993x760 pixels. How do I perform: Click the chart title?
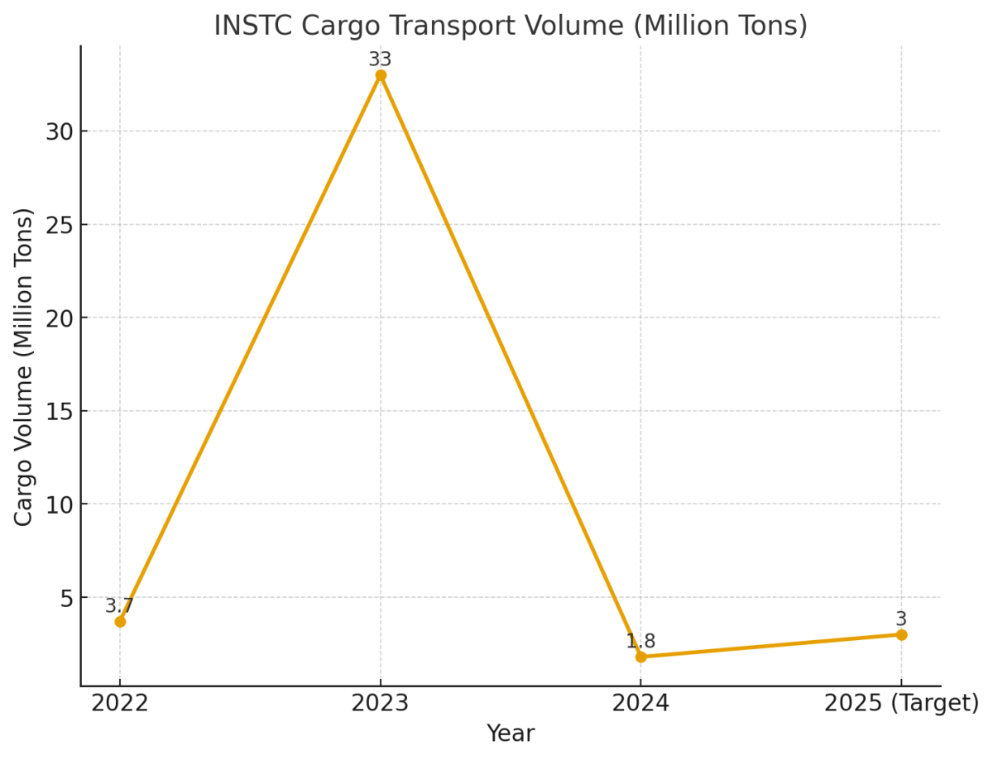[x=511, y=26]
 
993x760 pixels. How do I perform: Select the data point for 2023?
[x=381, y=75]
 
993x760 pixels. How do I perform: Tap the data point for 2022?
[x=120, y=621]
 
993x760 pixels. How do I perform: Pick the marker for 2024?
[x=640, y=657]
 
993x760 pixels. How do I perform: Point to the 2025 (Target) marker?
[x=901, y=634]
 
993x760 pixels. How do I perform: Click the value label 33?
[x=380, y=60]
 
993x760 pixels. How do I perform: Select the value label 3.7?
[x=119, y=606]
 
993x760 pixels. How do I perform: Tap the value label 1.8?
[x=640, y=642]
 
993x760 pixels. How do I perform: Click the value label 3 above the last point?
[x=901, y=619]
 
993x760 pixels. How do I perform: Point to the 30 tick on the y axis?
[x=60, y=131]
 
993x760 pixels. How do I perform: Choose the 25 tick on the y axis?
[x=60, y=225]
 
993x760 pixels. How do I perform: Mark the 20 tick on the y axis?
[x=60, y=318]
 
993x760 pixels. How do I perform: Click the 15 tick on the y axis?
[x=60, y=411]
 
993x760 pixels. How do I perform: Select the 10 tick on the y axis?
[x=60, y=504]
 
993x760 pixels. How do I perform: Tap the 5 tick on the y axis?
[x=66, y=598]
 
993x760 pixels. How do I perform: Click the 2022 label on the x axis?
[x=120, y=704]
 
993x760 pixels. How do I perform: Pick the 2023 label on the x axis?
[x=381, y=704]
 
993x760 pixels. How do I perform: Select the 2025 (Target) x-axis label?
[x=901, y=704]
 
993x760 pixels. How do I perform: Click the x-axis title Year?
[x=511, y=734]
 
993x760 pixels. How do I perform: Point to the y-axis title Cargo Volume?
[x=24, y=366]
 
